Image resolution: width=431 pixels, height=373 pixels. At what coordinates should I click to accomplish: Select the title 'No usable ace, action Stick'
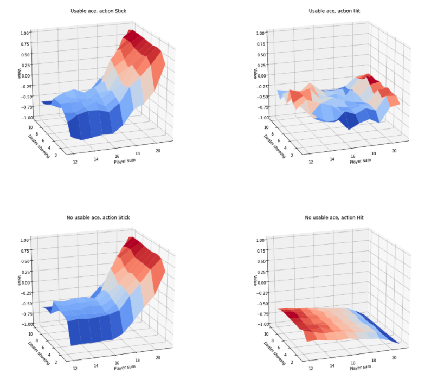click(x=98, y=217)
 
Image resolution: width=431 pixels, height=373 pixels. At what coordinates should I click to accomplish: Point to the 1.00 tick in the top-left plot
click(x=26, y=33)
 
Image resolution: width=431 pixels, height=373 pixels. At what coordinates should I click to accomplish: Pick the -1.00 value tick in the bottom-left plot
click(x=26, y=324)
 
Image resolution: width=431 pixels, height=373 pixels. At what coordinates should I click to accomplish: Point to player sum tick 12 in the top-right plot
click(x=310, y=162)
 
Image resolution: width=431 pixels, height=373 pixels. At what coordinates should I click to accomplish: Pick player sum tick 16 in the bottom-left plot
click(x=117, y=363)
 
